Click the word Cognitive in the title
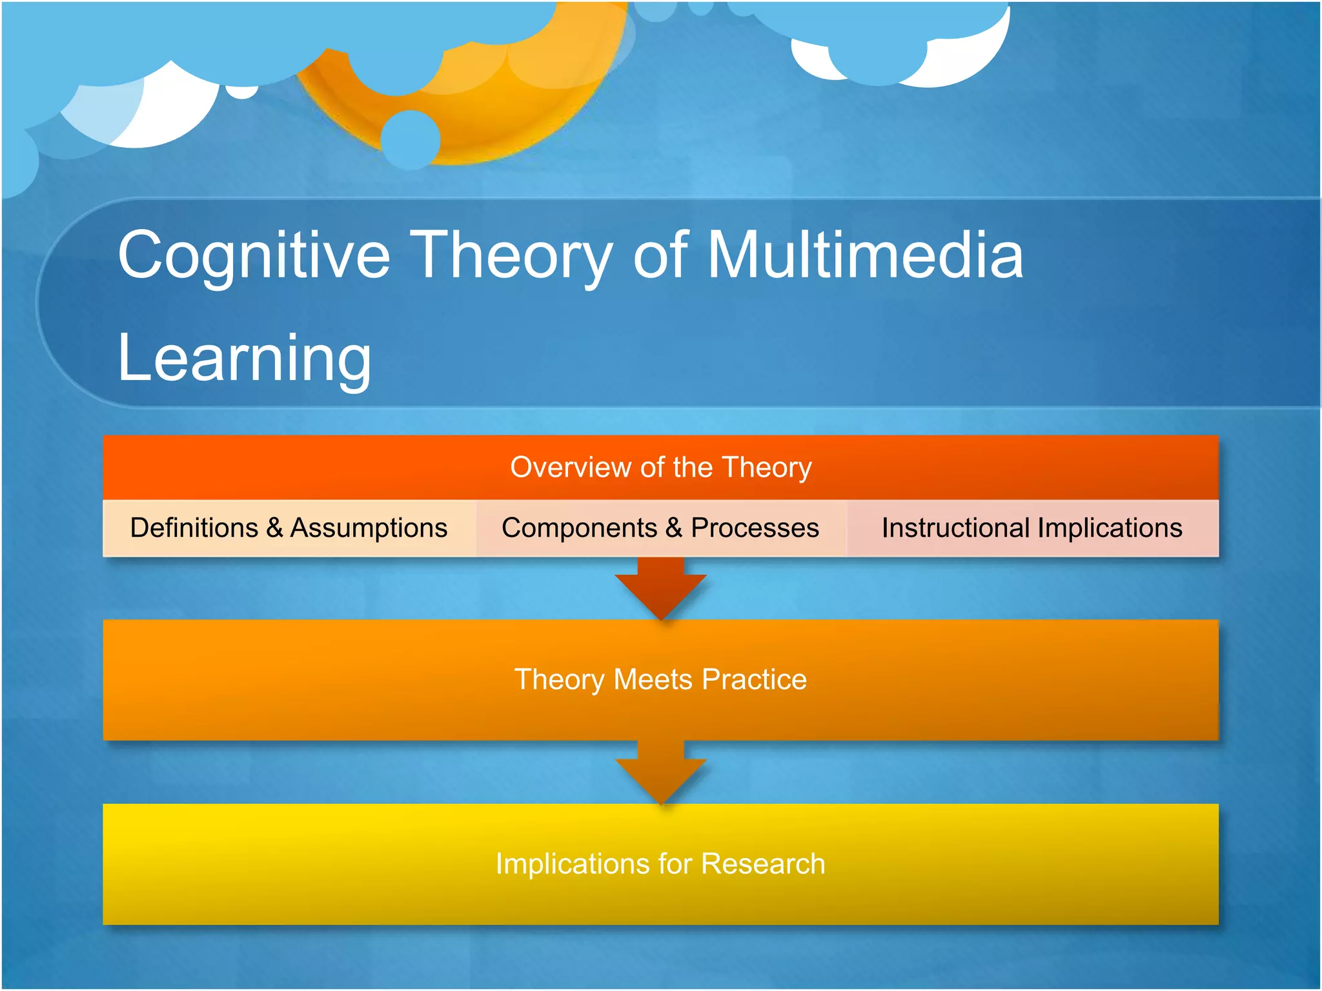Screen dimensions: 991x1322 click(x=254, y=256)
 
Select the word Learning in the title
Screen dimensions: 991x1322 click(x=244, y=358)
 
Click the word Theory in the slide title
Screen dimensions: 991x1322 click(x=510, y=256)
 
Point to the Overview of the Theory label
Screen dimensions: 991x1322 click(x=660, y=467)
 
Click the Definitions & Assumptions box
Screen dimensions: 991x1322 click(x=289, y=528)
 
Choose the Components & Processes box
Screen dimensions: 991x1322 click(x=660, y=528)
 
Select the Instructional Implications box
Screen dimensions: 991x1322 click(x=1032, y=528)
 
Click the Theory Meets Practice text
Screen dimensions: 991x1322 click(x=660, y=679)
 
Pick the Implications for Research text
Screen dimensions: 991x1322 click(x=660, y=864)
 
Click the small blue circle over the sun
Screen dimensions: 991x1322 click(x=411, y=139)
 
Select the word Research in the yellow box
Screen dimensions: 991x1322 click(x=763, y=864)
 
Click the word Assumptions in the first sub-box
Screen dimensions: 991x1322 click(x=369, y=528)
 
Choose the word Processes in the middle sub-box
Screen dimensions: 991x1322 click(x=755, y=528)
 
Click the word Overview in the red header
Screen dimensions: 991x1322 click(x=570, y=467)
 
